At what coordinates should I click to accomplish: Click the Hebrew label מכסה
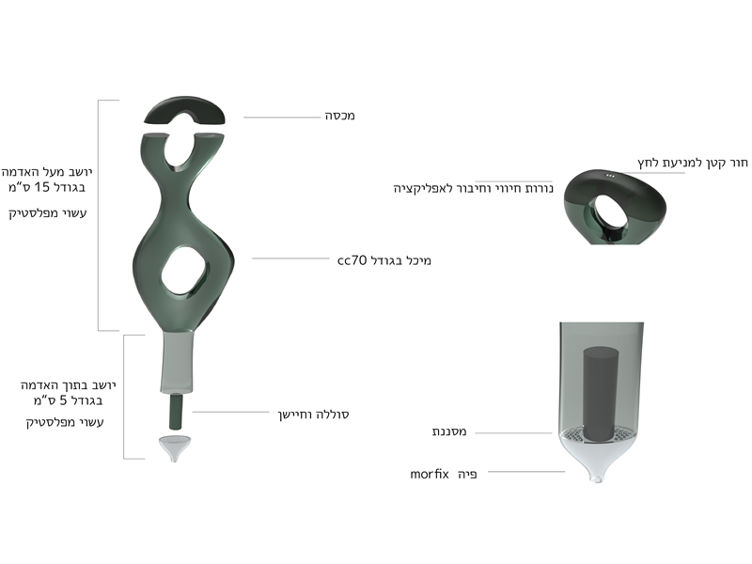340,116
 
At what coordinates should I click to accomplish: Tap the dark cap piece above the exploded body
184,108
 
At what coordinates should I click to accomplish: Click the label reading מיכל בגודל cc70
384,260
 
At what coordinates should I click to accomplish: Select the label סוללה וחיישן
313,415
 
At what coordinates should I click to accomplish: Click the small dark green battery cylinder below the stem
176,412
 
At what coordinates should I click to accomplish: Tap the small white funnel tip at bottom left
174,448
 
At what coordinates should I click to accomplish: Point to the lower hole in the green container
184,270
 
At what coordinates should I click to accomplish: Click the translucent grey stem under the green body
177,362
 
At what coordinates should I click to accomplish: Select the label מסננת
449,431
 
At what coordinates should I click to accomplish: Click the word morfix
430,475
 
